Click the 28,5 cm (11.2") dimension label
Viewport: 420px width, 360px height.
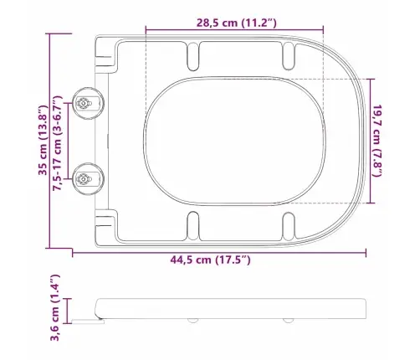237,23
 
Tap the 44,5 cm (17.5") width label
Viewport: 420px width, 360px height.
211,260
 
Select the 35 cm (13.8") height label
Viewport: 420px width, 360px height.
43,140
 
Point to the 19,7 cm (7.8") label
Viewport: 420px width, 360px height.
377,141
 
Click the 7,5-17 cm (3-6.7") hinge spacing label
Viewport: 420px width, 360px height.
58,143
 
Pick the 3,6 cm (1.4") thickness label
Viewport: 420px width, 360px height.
54,307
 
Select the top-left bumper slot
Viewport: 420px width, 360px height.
193,56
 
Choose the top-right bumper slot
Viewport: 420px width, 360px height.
289,56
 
